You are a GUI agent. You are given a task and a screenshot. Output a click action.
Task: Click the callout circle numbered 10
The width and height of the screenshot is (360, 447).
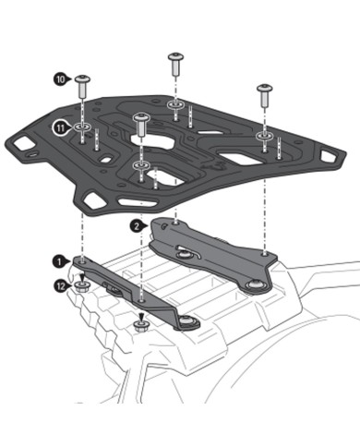tap(60, 80)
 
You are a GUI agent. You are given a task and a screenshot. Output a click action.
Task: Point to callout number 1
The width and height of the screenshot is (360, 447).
tap(60, 262)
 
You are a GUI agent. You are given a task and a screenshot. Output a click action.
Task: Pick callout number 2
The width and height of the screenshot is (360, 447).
tap(137, 224)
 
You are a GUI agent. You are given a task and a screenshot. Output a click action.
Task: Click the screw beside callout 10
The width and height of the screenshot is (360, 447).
tap(83, 85)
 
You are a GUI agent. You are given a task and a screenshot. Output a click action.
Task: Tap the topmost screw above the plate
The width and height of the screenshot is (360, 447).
tap(174, 63)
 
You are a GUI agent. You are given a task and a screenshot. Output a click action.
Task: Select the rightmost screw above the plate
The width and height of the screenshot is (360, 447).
tap(263, 91)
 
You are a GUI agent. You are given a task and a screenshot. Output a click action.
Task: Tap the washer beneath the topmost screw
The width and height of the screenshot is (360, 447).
tap(174, 109)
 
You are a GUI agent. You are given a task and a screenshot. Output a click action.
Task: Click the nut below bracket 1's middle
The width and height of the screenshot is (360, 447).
tap(140, 325)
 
